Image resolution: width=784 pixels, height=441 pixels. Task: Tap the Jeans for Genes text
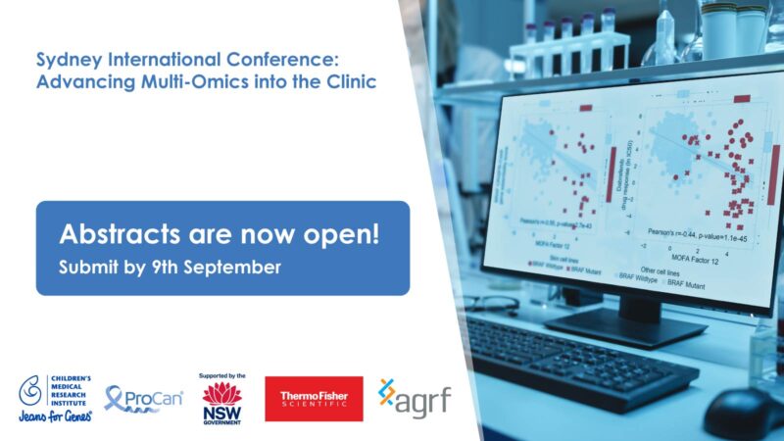point(56,416)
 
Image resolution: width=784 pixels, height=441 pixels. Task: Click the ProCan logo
point(144,398)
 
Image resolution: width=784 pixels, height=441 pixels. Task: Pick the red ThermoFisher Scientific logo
point(314,399)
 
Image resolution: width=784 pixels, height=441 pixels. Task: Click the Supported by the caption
point(223,375)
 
